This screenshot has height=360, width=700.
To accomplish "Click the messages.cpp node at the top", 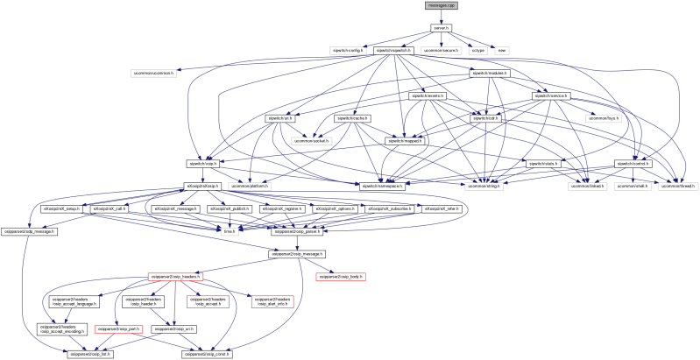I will coord(442,5).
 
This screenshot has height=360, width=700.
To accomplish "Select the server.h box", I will coord(442,28).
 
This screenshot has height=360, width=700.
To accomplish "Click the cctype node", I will coord(478,50).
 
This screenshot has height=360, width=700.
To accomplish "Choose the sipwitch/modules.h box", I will coord(491,73).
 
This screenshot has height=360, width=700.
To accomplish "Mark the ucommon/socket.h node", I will coord(313,140).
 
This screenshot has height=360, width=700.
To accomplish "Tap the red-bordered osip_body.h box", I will coord(340,276).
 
